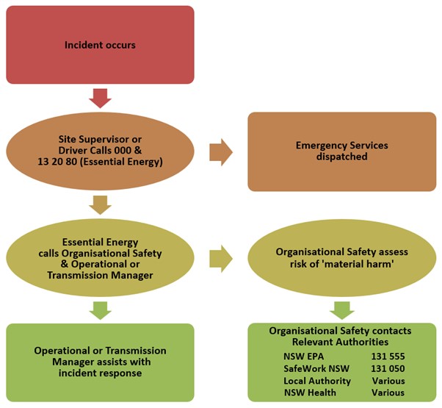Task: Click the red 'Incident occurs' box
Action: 100,45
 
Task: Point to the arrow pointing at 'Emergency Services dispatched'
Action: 221,152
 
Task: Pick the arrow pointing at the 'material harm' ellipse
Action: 221,258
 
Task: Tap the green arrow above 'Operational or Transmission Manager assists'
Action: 100,309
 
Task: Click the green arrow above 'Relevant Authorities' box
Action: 341,309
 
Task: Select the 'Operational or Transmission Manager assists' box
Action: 100,362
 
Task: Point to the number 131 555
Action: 386,355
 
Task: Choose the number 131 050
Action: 386,368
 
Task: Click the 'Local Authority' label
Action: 316,381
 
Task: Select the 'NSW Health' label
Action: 309,393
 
